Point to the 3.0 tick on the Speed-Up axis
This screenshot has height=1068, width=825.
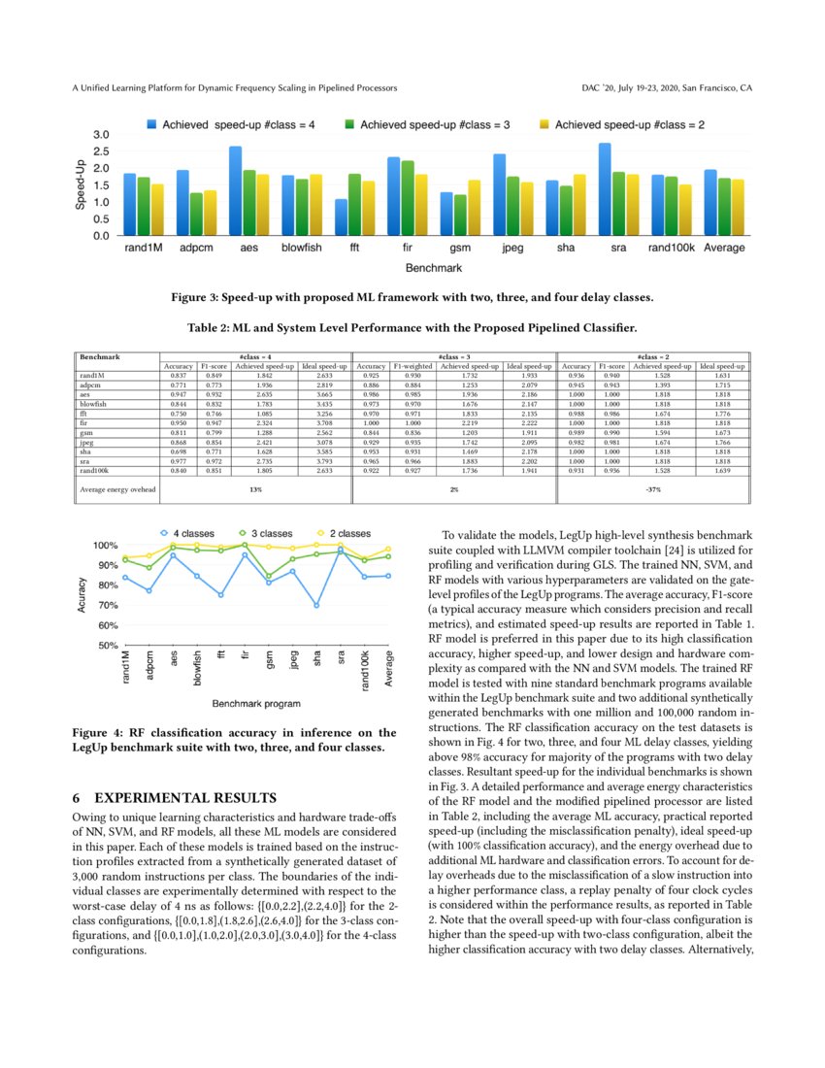click(101, 134)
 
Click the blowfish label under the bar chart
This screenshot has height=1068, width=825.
click(301, 249)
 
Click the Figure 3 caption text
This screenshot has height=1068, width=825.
click(412, 297)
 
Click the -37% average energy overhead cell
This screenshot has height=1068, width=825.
click(653, 489)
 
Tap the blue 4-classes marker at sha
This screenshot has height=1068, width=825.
click(316, 605)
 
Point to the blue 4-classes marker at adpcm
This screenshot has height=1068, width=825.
click(149, 590)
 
